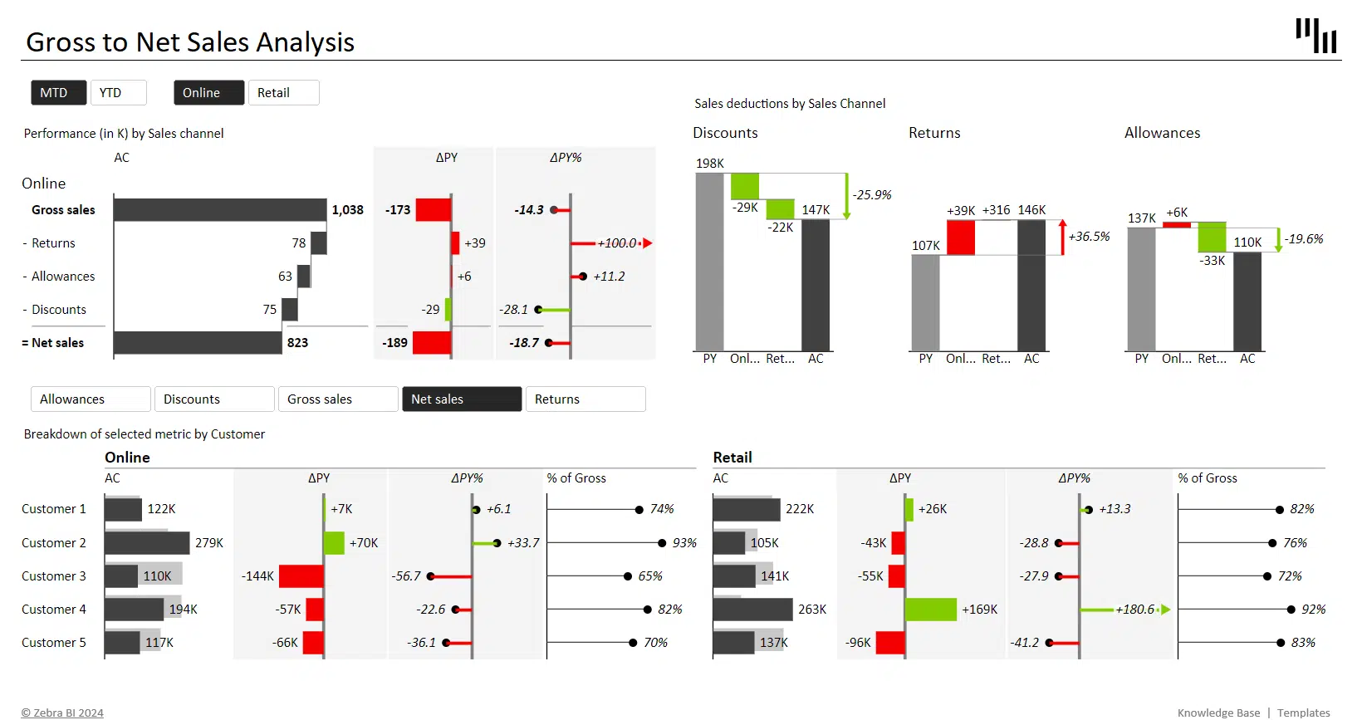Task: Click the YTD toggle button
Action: click(118, 93)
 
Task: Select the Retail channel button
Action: click(283, 93)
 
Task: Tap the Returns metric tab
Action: click(585, 399)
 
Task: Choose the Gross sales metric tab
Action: click(338, 399)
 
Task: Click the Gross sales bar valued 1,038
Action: click(220, 210)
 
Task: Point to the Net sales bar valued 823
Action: click(198, 343)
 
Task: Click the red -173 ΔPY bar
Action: click(433, 210)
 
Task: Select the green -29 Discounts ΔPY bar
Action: click(448, 310)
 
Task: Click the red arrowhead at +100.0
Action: click(648, 243)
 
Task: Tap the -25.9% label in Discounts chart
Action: click(872, 195)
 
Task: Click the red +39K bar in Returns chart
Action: click(961, 238)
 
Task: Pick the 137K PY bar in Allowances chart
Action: click(1141, 288)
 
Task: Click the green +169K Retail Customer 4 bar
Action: click(931, 610)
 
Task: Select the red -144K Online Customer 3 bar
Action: click(301, 576)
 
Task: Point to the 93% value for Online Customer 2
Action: click(684, 543)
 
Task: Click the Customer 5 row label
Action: click(54, 643)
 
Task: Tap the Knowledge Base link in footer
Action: click(1218, 713)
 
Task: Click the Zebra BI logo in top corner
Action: click(1316, 37)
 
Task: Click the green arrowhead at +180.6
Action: click(1165, 610)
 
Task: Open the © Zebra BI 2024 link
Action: click(62, 713)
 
